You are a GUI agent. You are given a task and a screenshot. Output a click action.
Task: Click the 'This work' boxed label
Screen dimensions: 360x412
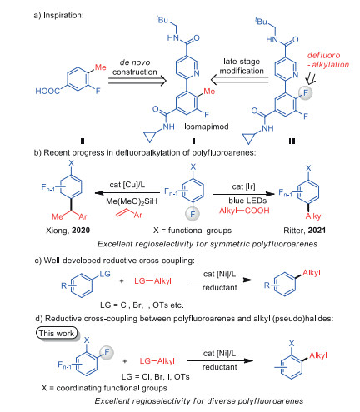click(57, 333)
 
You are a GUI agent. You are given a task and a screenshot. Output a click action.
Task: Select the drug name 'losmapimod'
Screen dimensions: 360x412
click(207, 127)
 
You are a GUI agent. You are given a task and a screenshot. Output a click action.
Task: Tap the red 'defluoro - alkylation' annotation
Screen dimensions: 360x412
click(328, 60)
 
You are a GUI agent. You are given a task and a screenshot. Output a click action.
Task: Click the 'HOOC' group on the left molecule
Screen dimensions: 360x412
click(47, 91)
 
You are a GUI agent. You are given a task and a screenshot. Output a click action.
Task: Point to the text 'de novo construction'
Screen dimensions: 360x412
click(135, 67)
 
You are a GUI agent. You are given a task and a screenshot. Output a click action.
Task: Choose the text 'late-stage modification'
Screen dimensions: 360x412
click(242, 66)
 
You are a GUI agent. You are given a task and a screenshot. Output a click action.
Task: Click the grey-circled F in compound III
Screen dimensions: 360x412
click(306, 92)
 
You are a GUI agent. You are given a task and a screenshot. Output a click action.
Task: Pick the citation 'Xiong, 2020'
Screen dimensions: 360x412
click(68, 231)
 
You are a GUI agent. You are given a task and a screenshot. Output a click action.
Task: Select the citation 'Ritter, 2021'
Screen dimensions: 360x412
click(305, 231)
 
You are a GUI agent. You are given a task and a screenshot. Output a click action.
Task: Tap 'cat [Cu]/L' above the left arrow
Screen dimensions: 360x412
click(127, 185)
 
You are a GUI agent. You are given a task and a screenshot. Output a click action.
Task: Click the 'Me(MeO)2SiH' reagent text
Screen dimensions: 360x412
click(132, 201)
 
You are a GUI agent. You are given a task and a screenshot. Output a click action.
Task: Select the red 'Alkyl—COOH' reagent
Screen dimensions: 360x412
click(244, 211)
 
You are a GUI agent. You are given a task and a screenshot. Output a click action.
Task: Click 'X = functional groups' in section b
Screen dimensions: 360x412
click(192, 231)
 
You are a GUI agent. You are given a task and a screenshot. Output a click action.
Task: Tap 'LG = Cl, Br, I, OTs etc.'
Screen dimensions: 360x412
click(142, 305)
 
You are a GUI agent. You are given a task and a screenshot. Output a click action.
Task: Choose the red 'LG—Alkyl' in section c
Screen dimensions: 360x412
click(152, 281)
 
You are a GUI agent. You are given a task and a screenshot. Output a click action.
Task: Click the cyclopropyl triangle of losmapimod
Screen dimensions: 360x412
click(151, 137)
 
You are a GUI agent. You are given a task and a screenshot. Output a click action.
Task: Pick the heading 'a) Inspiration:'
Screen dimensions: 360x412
click(58, 15)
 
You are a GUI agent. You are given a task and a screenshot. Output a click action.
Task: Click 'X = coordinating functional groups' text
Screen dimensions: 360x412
click(104, 388)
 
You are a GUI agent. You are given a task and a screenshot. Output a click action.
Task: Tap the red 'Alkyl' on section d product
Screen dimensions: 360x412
click(318, 355)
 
